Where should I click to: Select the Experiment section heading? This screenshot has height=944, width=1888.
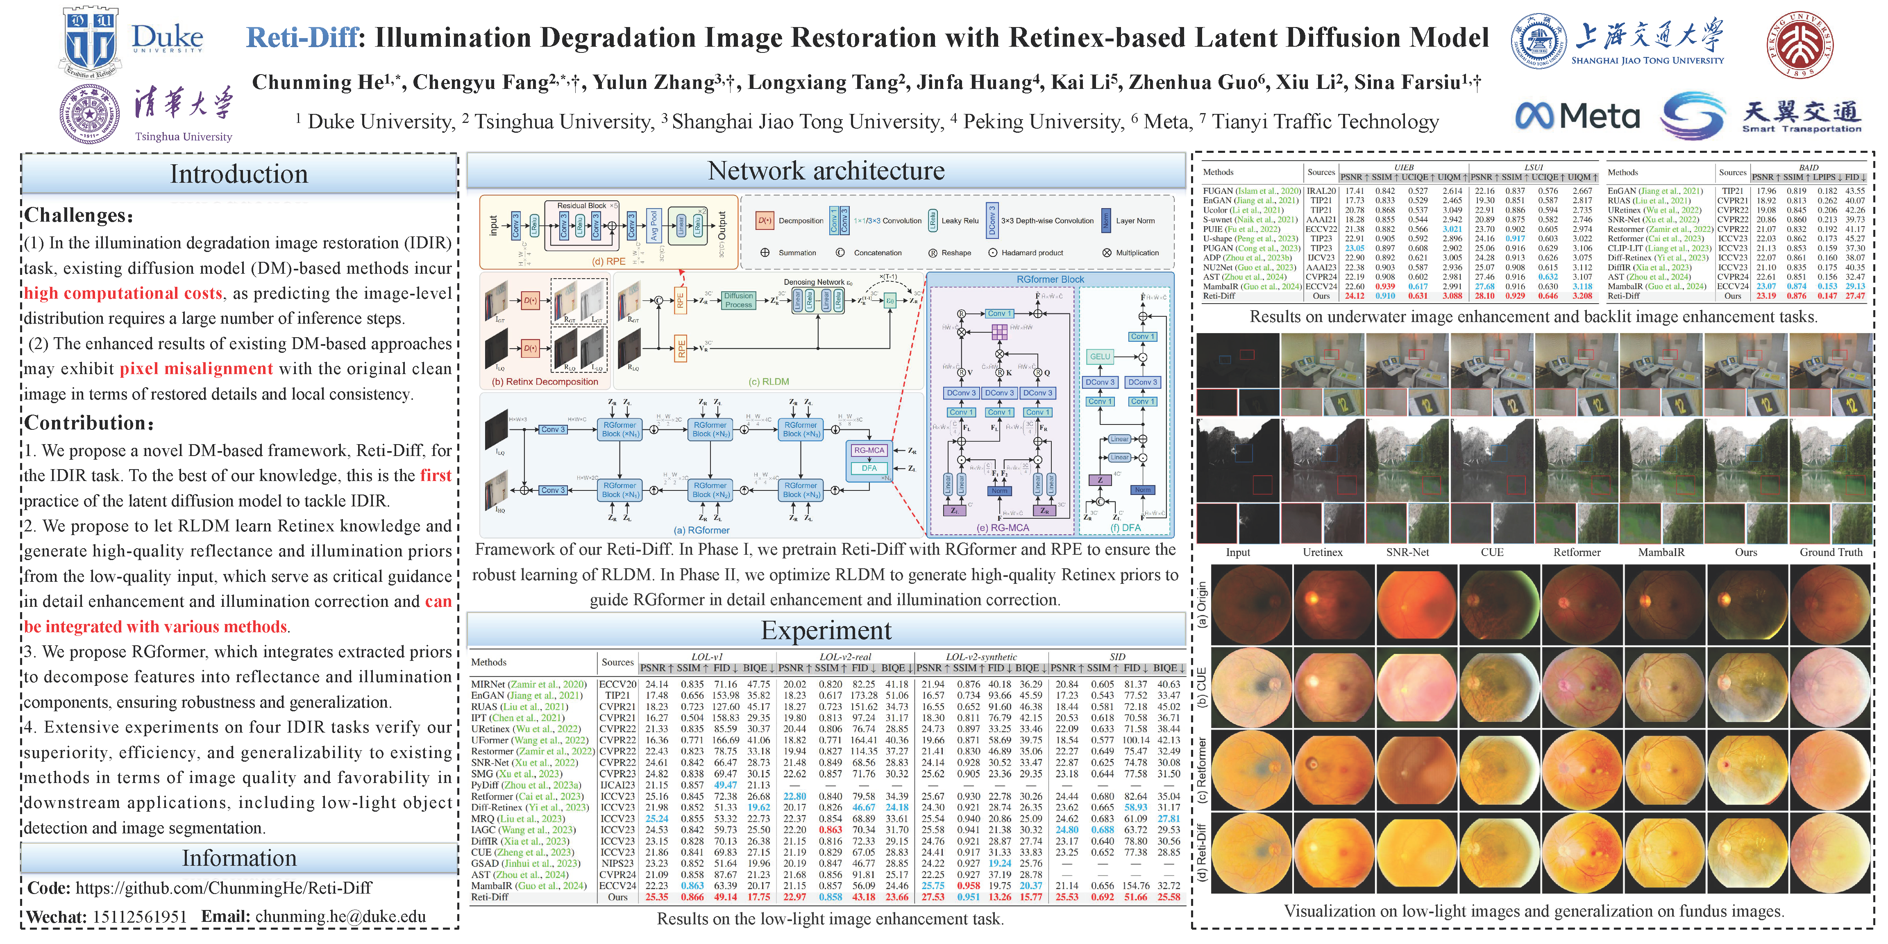826,630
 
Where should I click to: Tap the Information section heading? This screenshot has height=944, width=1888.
239,858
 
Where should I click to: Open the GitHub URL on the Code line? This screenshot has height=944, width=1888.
224,888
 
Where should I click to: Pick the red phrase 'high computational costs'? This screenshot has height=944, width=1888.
123,293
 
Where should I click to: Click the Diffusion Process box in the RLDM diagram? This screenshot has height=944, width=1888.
738,300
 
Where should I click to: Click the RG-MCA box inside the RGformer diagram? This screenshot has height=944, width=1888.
869,450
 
